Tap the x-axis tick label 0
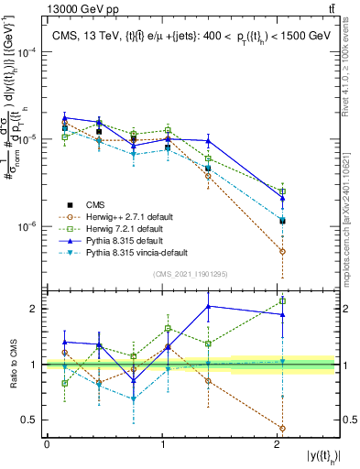click(x=47, y=444)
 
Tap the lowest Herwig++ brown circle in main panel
click(x=282, y=251)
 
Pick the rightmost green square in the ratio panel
click(x=282, y=300)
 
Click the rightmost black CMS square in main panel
click(x=282, y=221)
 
